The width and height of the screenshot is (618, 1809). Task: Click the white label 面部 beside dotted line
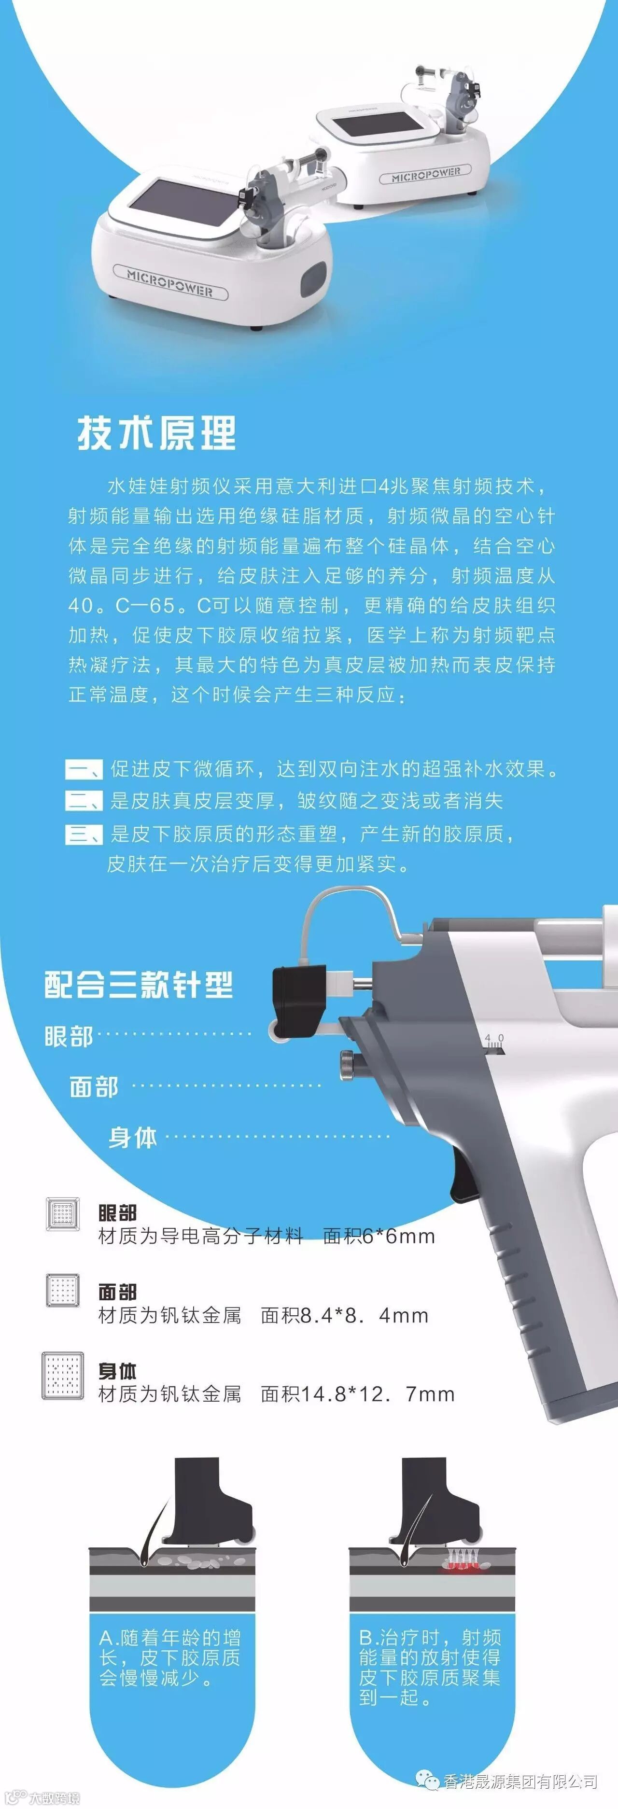[94, 1087]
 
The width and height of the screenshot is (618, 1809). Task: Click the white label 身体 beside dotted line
[133, 1137]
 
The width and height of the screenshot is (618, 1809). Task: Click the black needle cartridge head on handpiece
[298, 996]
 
